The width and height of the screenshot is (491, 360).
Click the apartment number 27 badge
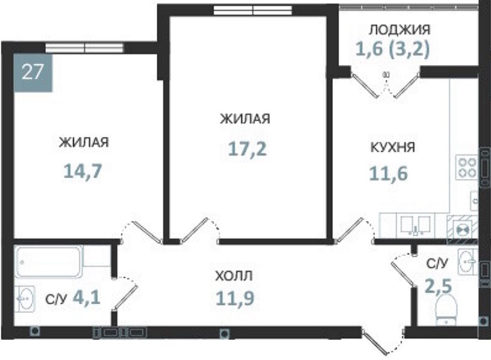33,73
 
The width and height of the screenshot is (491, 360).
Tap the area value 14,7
83,171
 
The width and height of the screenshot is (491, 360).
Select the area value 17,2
247,148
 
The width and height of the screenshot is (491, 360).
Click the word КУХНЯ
393,147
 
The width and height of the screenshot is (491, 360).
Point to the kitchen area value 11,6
388,173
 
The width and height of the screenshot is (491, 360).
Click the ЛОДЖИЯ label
400,29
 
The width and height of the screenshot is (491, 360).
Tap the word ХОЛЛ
234,276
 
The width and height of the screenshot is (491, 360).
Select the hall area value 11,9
235,298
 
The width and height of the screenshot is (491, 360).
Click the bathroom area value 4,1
86,297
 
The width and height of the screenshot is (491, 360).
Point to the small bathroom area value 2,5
438,286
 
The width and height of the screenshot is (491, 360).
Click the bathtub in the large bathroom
49,262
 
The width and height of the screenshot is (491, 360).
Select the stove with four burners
466,167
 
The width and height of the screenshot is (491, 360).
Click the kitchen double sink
415,225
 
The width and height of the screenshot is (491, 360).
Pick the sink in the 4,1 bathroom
25,299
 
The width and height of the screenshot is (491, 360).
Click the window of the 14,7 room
85,47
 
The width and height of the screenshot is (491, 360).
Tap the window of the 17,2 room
253,10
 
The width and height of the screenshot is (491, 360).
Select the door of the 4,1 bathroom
125,293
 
